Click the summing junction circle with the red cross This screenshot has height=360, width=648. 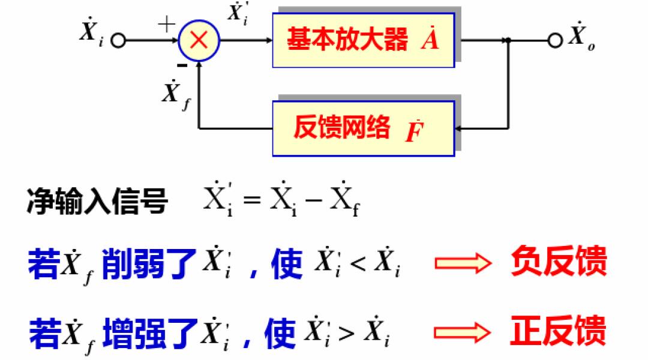pos(199,41)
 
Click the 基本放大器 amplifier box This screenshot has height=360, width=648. pos(362,40)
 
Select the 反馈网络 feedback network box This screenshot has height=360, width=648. pos(362,128)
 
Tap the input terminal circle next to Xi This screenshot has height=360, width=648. pos(118,41)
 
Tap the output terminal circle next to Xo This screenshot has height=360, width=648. pos(556,40)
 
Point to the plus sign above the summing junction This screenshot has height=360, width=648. pos(166,24)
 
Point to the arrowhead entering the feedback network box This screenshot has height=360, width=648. pos(458,128)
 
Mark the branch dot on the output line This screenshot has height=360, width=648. pos(509,40)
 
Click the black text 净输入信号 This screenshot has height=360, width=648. pos(97,203)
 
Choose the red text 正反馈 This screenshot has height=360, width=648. pos(559,332)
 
